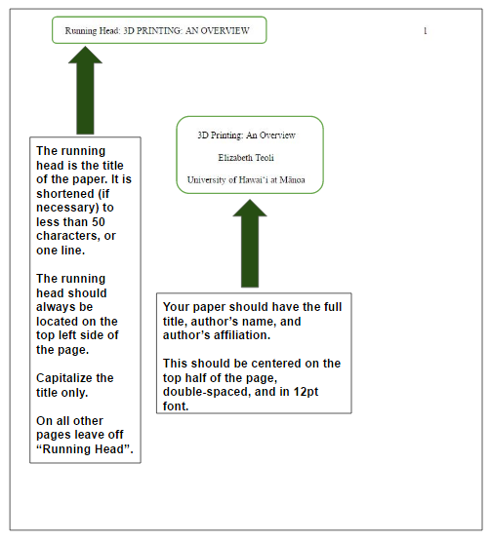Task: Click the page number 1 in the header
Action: (426, 31)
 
